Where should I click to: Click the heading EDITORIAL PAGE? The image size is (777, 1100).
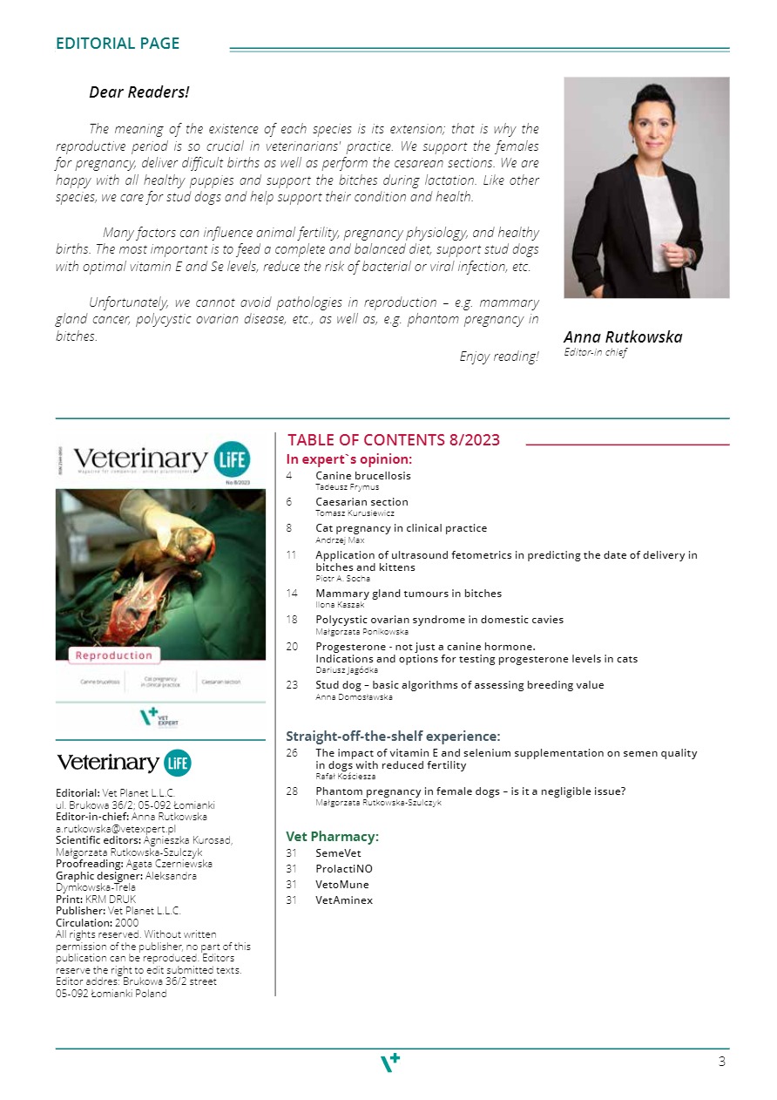click(x=118, y=44)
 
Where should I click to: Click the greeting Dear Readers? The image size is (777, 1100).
click(x=139, y=92)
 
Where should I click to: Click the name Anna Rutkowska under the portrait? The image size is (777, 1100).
click(x=623, y=337)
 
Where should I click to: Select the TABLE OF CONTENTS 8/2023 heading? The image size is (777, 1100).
click(x=394, y=440)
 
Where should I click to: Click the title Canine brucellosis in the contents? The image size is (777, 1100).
click(x=363, y=476)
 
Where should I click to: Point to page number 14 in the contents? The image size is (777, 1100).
click(x=292, y=594)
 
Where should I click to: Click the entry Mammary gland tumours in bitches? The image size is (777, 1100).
click(x=409, y=594)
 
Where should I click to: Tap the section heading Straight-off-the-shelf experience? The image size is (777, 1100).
click(x=393, y=737)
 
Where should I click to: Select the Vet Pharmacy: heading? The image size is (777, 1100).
click(x=332, y=837)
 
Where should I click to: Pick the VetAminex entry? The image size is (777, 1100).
click(x=344, y=900)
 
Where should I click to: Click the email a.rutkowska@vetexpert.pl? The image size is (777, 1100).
click(x=116, y=829)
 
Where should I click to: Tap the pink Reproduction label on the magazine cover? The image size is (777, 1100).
click(x=113, y=655)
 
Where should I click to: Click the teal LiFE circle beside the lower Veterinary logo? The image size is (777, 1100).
click(x=177, y=764)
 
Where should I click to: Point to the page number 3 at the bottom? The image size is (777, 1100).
click(x=721, y=1062)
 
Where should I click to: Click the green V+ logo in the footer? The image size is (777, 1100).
click(x=390, y=1062)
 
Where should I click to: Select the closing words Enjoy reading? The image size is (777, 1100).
click(x=498, y=356)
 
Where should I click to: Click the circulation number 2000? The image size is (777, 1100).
click(x=127, y=922)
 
